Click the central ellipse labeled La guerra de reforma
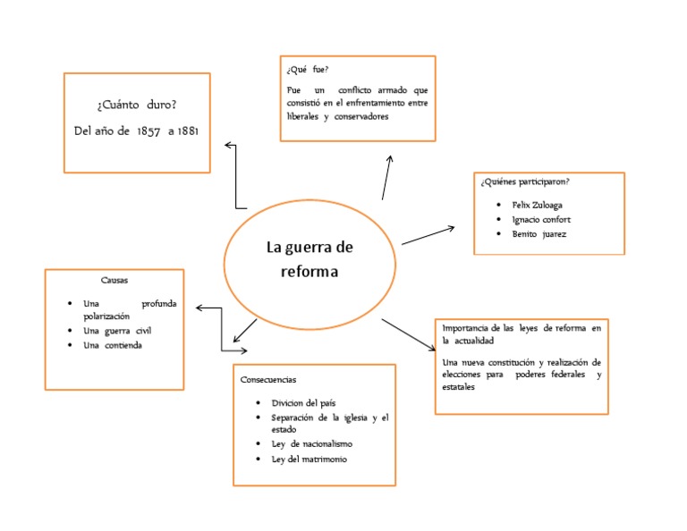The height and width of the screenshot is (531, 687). coord(309,259)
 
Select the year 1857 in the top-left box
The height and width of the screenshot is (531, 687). coord(148,131)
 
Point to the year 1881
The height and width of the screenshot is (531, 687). coord(188,131)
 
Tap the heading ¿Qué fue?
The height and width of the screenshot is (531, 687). coord(306,69)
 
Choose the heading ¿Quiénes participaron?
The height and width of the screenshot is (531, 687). coord(524,182)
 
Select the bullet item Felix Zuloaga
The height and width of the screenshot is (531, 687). coord(537,205)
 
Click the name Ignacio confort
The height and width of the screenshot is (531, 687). coord(541,219)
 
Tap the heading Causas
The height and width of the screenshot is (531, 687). coord(114,280)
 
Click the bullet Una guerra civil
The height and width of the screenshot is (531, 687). coord(110,331)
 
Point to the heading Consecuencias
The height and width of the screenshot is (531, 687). coord(267,379)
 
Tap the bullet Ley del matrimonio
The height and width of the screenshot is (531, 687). coord(309,459)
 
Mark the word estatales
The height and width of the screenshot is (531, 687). coord(458,388)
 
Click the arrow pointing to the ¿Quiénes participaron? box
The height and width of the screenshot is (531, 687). coord(428,235)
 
